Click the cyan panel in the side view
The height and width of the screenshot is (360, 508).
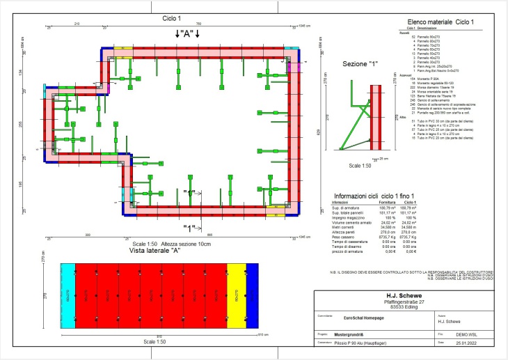[68, 294]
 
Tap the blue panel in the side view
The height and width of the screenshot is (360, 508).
[252, 294]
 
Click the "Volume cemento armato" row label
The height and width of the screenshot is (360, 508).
[351, 222]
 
